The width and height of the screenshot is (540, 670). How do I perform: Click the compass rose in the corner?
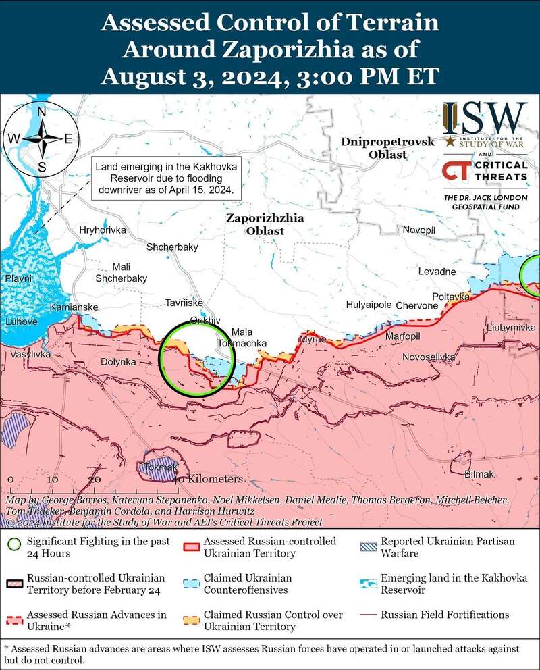pyautogui.click(x=41, y=138)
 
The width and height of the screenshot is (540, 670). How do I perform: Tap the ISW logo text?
pyautogui.click(x=484, y=120)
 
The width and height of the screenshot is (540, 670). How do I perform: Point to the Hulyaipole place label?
pyautogui.click(x=369, y=305)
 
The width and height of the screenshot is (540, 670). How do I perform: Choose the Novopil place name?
pyautogui.click(x=419, y=231)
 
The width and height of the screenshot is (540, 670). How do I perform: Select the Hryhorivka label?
pyautogui.click(x=103, y=230)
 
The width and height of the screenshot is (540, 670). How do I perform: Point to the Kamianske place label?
pyautogui.click(x=74, y=308)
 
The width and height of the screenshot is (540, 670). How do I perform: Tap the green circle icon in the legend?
pyautogui.click(x=13, y=544)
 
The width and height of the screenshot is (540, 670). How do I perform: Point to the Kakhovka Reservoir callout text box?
pyautogui.click(x=165, y=178)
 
